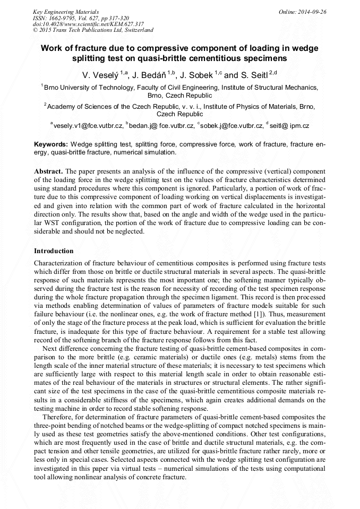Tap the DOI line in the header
[88, 24]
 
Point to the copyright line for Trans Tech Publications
[93, 30]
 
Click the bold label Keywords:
[51, 144]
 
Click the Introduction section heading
[54, 251]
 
